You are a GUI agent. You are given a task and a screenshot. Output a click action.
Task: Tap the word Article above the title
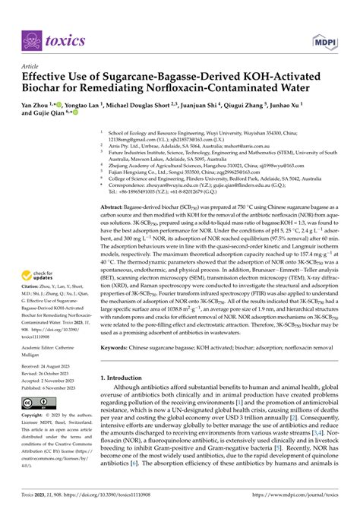35,67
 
